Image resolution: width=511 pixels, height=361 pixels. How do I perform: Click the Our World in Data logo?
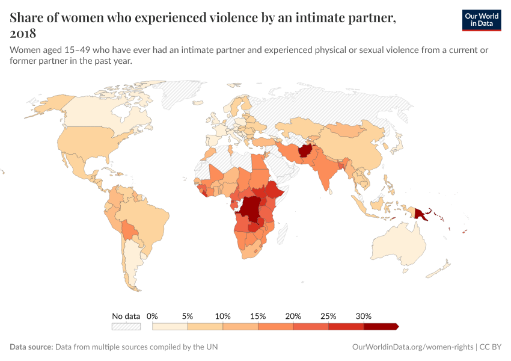pos(481,20)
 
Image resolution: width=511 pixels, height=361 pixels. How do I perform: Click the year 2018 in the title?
pos(23,33)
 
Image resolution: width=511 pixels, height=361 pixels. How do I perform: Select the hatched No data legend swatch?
pos(126,326)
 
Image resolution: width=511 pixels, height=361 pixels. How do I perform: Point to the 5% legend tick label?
pos(188,316)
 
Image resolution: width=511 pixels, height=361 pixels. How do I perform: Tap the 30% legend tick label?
pos(364,316)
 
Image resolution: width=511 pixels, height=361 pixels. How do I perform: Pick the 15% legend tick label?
pos(258,316)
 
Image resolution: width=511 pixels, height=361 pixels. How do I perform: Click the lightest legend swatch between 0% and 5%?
pos(170,326)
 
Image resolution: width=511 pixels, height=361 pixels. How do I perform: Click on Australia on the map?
pos(400,247)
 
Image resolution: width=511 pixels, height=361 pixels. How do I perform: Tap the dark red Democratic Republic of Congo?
pos(249,210)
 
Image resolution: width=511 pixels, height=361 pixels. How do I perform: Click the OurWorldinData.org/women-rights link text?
pos(412,347)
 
